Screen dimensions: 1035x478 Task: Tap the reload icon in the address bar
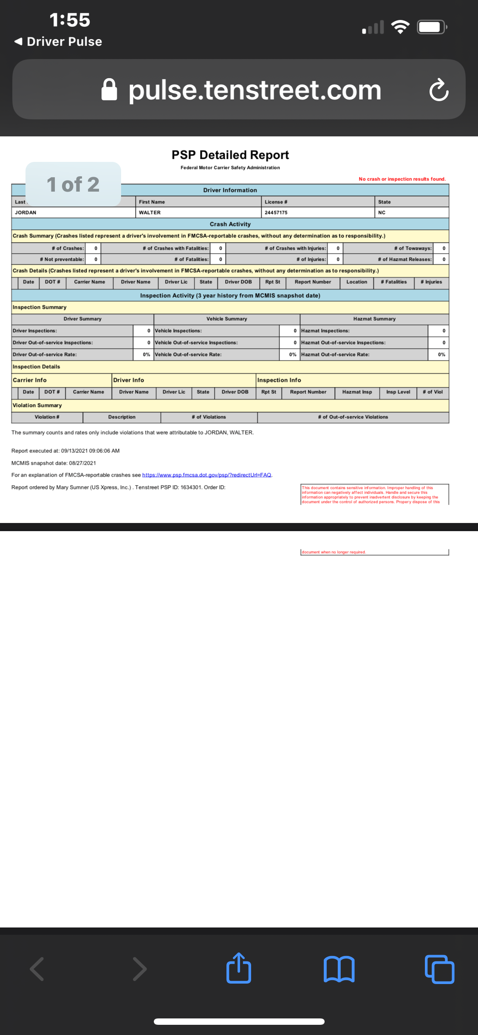pos(439,90)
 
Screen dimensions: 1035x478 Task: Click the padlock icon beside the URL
pos(109,90)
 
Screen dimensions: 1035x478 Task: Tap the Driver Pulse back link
pos(58,42)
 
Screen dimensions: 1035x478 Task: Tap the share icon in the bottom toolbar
pos(239,968)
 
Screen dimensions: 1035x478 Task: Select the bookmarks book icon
pos(339,969)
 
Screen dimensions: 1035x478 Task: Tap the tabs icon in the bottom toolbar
pos(439,969)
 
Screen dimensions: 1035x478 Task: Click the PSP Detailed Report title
pos(230,155)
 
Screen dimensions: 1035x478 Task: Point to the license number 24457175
pos(276,212)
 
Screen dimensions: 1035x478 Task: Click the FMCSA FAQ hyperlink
pos(206,475)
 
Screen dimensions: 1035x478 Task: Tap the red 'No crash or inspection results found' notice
pos(402,179)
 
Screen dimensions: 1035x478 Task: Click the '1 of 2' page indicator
pos(73,184)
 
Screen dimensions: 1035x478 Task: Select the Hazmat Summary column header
pos(374,319)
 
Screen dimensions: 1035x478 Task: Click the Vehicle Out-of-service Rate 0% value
pos(292,354)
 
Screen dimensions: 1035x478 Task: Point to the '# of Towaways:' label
pos(413,248)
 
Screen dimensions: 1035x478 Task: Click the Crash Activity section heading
pos(230,224)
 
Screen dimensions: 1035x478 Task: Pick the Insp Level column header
pos(398,392)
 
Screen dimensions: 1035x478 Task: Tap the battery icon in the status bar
pos(432,27)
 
